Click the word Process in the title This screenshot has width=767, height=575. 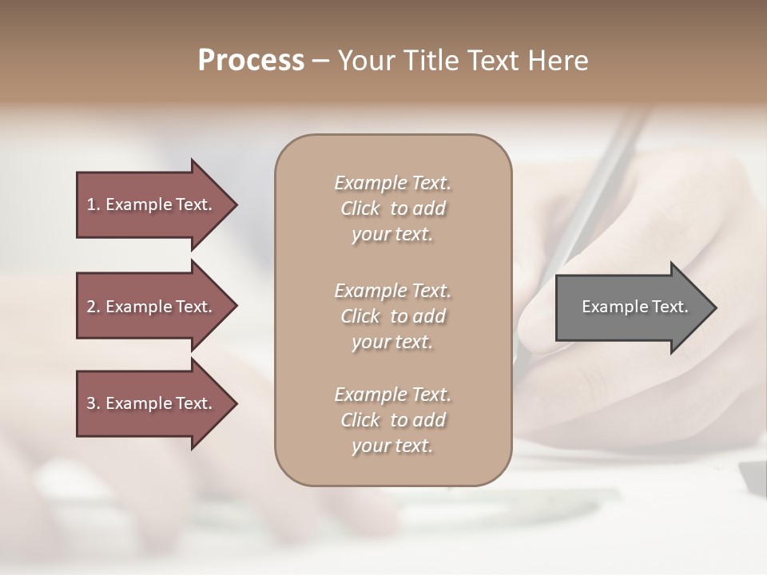tap(251, 61)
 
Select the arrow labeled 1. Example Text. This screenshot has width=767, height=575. tap(152, 204)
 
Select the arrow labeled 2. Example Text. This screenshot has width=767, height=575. tap(152, 307)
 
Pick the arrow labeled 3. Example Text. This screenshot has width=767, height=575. tap(152, 403)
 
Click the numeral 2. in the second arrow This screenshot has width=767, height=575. tap(93, 307)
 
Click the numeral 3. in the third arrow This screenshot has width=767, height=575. tap(93, 403)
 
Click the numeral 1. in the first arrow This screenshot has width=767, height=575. tap(93, 204)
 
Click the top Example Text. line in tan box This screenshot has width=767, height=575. tap(392, 183)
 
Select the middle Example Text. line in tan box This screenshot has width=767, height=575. tap(392, 291)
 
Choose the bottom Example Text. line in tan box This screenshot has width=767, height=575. tap(392, 395)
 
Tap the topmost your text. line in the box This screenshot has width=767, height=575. tap(392, 235)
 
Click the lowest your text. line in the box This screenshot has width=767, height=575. tap(392, 446)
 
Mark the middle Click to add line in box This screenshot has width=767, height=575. tap(392, 316)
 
